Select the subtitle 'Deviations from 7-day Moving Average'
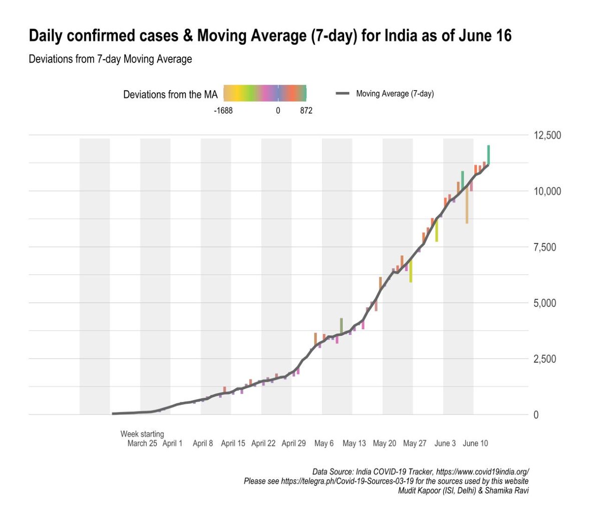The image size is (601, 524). click(x=110, y=59)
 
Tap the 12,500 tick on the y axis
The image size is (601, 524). click(x=547, y=135)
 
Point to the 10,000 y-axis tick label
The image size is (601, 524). click(x=547, y=191)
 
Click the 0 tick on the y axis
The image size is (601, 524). click(x=536, y=415)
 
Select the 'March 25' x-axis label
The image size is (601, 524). click(x=142, y=443)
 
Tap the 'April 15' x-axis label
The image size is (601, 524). click(x=233, y=443)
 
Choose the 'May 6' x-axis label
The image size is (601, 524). click(x=324, y=443)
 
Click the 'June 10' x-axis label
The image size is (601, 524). click(x=475, y=443)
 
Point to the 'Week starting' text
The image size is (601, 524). click(x=142, y=434)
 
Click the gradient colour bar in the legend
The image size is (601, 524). click(x=264, y=94)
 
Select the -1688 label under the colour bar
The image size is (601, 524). click(x=223, y=111)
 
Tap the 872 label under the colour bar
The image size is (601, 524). click(x=306, y=111)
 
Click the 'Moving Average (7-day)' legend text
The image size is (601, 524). click(x=395, y=94)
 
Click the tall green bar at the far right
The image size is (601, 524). click(x=488, y=155)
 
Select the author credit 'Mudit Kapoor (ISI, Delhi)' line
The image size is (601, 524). click(x=463, y=490)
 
